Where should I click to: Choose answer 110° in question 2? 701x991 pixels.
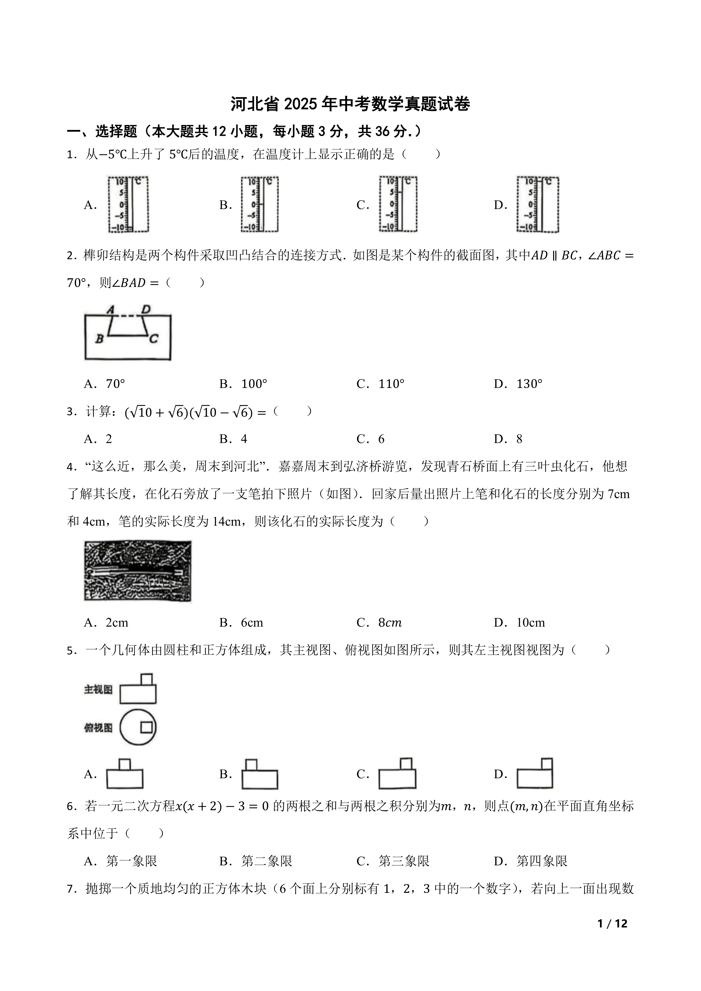click(x=391, y=384)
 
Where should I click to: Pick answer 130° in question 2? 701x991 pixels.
click(x=529, y=384)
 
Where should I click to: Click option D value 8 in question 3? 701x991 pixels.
click(x=519, y=439)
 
